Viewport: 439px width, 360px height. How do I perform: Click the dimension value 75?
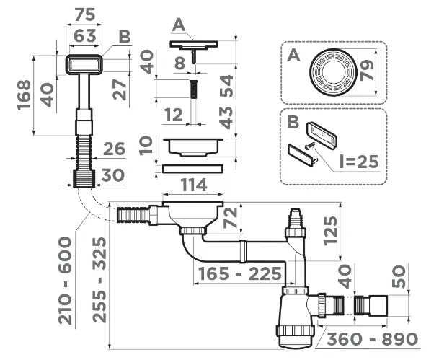(85, 14)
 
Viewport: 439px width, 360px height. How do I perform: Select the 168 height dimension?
(24, 95)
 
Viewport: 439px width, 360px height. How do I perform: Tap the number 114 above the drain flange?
(194, 185)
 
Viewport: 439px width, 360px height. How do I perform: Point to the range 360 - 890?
(373, 339)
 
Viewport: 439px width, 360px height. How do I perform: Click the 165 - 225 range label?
(240, 273)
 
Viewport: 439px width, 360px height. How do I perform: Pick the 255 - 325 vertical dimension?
(99, 280)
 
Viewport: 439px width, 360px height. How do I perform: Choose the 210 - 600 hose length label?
(65, 281)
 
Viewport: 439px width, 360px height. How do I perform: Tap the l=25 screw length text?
(359, 162)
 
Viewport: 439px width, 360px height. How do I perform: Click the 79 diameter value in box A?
(367, 70)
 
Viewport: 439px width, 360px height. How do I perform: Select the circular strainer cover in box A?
(333, 72)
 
